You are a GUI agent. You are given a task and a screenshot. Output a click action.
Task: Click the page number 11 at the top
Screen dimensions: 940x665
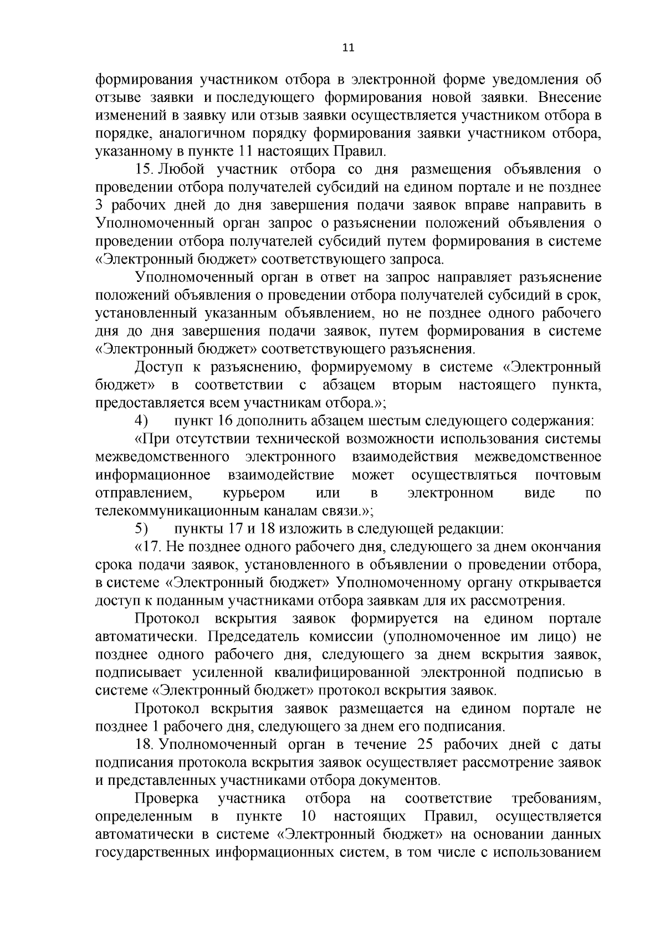[348, 48]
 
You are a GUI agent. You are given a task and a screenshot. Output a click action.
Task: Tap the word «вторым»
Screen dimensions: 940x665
[416, 385]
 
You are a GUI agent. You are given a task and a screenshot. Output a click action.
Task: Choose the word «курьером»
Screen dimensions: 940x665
[254, 493]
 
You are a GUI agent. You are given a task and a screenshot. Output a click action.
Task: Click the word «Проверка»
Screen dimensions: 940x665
[167, 798]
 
